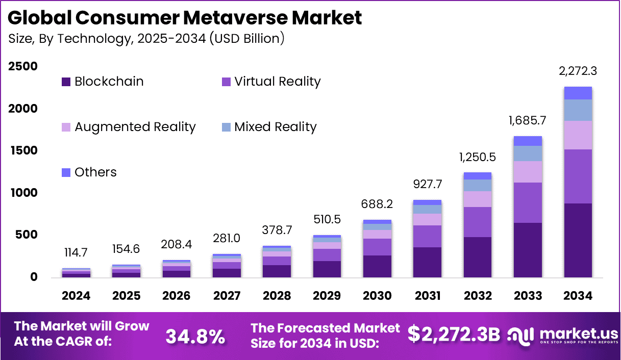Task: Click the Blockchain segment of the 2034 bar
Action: pyautogui.click(x=578, y=240)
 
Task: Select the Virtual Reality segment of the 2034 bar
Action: pyautogui.click(x=578, y=176)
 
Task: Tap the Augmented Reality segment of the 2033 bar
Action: pyautogui.click(x=527, y=172)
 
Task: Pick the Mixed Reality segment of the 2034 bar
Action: pyautogui.click(x=578, y=110)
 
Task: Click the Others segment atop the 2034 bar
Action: pyautogui.click(x=578, y=93)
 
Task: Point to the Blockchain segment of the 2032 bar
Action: pyautogui.click(x=477, y=257)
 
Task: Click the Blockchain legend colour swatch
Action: pyautogui.click(x=66, y=82)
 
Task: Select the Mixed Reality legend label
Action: pyautogui.click(x=275, y=127)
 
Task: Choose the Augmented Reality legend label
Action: pyautogui.click(x=135, y=127)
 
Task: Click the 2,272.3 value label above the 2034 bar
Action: pyautogui.click(x=578, y=71)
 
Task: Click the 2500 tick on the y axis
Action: pyautogui.click(x=23, y=66)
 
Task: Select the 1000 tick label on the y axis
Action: pyautogui.click(x=23, y=193)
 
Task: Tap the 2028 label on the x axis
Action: pyautogui.click(x=277, y=296)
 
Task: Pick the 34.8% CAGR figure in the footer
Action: pyautogui.click(x=195, y=336)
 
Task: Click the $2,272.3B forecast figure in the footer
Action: pyautogui.click(x=454, y=334)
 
